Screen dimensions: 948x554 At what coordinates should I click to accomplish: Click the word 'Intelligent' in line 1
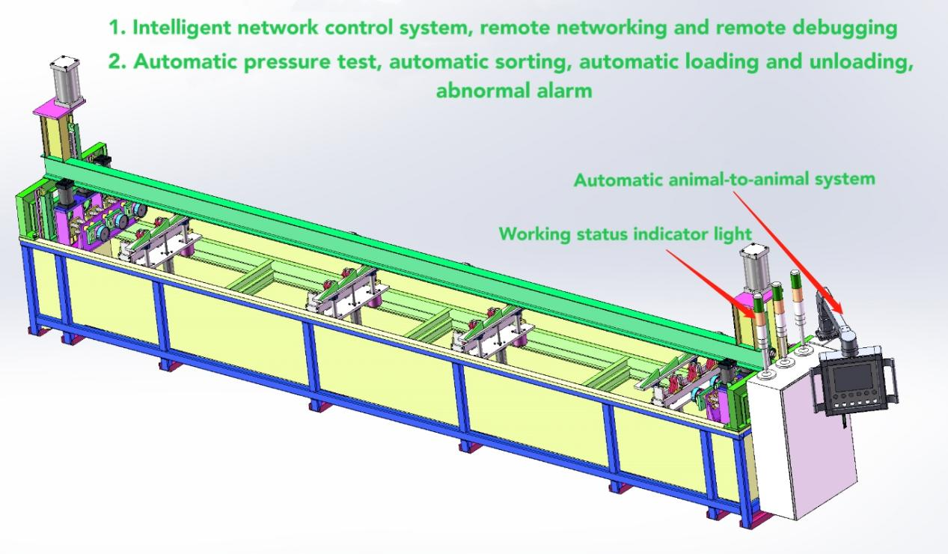(x=181, y=28)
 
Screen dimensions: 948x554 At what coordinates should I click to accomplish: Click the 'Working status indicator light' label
(x=626, y=234)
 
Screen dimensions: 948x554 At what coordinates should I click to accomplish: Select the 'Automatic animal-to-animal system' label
(x=724, y=180)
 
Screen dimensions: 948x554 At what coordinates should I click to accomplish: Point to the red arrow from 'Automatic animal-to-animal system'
(x=789, y=252)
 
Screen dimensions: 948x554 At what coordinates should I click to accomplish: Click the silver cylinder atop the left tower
(x=66, y=82)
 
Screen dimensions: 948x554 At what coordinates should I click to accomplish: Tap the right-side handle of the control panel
(x=893, y=380)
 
